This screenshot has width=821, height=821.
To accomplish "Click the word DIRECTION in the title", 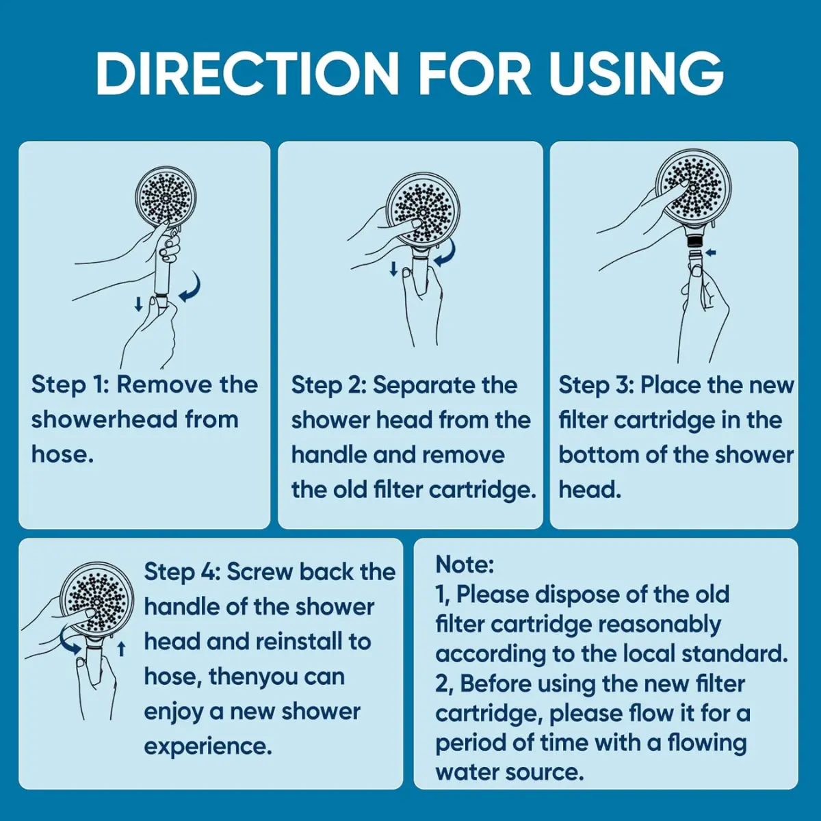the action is (x=246, y=73).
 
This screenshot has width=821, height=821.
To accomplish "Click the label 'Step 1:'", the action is (x=70, y=386).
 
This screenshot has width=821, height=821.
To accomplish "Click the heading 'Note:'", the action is (x=465, y=565).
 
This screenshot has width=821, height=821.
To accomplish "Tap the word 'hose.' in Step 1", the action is (x=62, y=455).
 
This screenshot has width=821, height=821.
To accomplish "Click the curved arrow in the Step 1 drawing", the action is (x=192, y=289).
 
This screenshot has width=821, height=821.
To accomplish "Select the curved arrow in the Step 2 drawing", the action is (x=447, y=255).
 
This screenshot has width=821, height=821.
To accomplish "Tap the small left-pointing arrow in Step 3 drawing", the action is (x=711, y=252).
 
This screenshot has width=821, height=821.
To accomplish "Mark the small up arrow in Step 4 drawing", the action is (x=121, y=649).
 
